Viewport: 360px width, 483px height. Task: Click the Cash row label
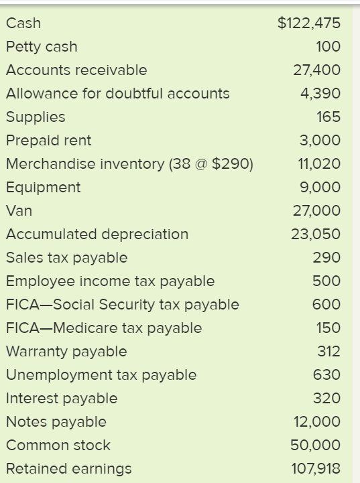[x=23, y=23]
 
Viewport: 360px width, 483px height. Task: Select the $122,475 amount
[x=309, y=23]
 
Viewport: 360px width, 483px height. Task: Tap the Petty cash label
[x=42, y=47]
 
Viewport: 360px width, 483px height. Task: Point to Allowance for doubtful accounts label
[x=117, y=94]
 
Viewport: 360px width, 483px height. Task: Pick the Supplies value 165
[x=328, y=117]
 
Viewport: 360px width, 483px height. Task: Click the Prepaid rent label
[x=48, y=141]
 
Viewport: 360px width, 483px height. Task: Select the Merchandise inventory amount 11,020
[x=318, y=164]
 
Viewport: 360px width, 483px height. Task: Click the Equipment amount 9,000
[x=322, y=188]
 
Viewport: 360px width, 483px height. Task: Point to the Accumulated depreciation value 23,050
[x=316, y=234]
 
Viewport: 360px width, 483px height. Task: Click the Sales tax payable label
[x=66, y=258]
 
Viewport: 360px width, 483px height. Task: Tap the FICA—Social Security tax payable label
[x=122, y=305]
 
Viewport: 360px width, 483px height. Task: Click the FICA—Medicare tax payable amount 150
[x=328, y=328]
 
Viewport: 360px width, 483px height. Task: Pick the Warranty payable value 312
[x=328, y=352]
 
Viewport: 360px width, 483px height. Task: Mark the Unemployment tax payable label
[x=101, y=375]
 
